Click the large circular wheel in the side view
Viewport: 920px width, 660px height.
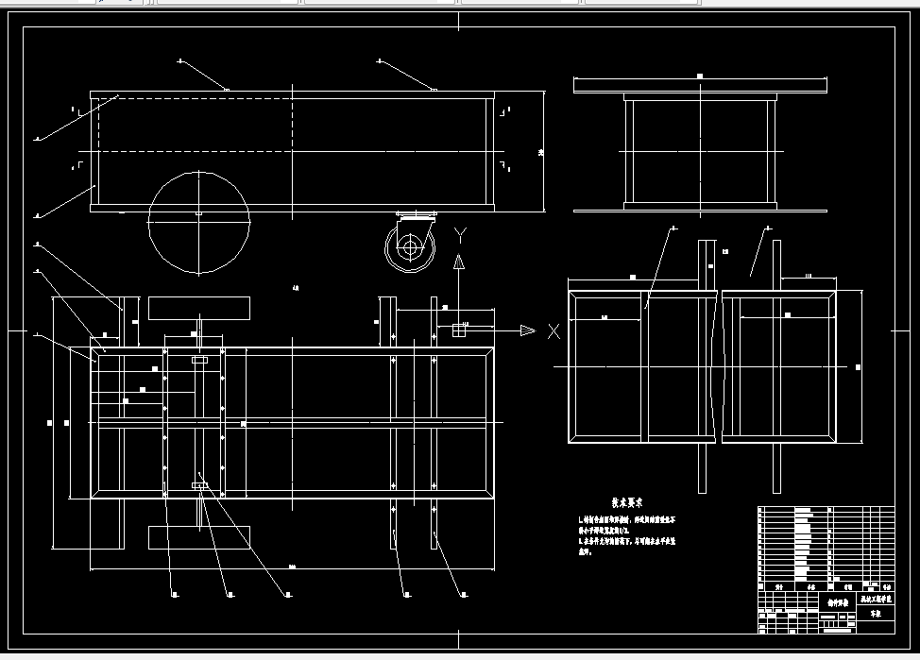(198, 223)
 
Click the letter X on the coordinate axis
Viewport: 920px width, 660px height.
(554, 330)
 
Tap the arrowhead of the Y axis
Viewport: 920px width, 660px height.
(459, 262)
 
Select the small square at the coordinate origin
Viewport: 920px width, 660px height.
(459, 330)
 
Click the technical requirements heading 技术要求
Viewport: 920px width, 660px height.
(627, 503)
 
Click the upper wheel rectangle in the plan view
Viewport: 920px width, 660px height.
(199, 309)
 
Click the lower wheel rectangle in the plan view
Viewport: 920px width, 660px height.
(199, 536)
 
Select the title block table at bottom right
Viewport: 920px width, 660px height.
(826, 570)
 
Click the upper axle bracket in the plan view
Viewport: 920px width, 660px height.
(199, 361)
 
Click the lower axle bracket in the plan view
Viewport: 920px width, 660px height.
(199, 485)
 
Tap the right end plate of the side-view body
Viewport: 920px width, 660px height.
(490, 151)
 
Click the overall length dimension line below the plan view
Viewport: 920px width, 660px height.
(292, 569)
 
